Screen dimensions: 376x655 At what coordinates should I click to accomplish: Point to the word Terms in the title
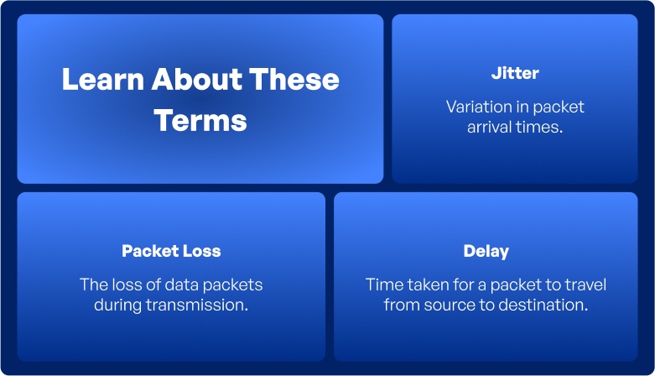(x=200, y=120)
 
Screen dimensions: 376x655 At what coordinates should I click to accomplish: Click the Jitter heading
(x=515, y=74)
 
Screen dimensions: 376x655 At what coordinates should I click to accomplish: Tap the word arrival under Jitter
(x=496, y=128)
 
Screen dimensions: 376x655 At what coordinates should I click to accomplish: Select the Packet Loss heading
(x=171, y=251)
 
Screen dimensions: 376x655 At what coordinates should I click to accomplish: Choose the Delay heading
(x=486, y=251)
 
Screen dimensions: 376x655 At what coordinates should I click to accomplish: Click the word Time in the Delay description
(x=382, y=285)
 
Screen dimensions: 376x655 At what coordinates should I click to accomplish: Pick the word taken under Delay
(x=424, y=285)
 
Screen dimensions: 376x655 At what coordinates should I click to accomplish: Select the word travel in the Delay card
(x=585, y=285)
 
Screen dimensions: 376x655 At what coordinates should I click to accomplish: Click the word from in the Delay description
(x=401, y=305)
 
